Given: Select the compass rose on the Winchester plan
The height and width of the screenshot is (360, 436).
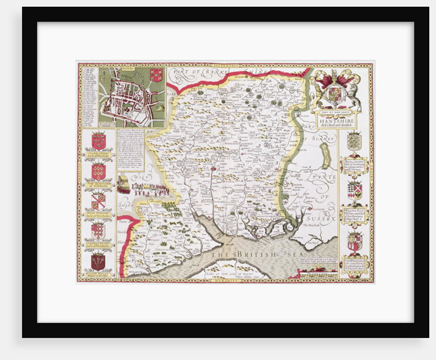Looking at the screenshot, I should click(105, 76).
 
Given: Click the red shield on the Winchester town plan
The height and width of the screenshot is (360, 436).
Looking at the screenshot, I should click(156, 75).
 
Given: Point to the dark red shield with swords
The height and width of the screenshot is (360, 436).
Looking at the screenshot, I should click(98, 262).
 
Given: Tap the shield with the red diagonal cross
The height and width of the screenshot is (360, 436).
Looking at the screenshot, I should click(98, 201).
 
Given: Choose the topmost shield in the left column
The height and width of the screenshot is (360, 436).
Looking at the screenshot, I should click(98, 141).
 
